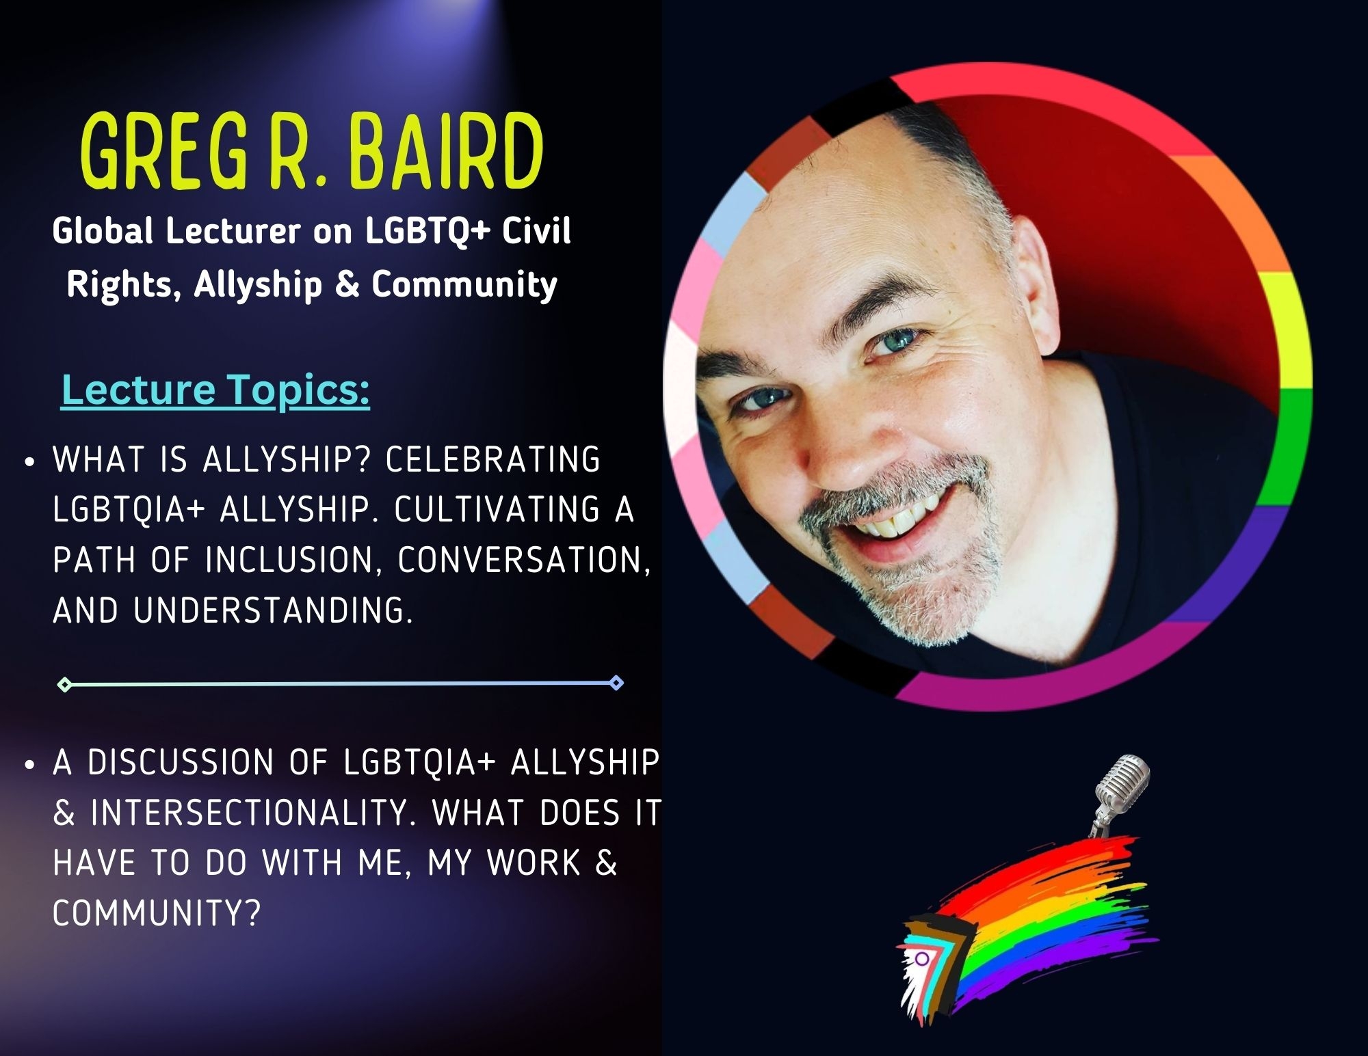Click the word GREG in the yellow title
point(165,151)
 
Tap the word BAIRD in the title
point(447,151)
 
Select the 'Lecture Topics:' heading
point(215,390)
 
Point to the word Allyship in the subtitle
point(258,285)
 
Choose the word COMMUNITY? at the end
point(157,913)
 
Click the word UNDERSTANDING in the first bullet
point(274,610)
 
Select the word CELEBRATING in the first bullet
point(493,459)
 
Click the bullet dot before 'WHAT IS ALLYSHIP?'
point(29,462)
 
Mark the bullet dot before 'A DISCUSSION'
point(29,766)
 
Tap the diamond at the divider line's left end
point(64,683)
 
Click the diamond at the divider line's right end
point(616,683)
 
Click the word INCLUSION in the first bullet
point(291,560)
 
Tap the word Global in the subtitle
point(103,230)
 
